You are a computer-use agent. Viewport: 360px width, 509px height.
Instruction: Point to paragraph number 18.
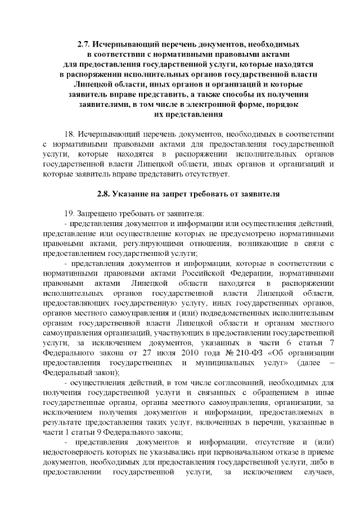70,134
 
